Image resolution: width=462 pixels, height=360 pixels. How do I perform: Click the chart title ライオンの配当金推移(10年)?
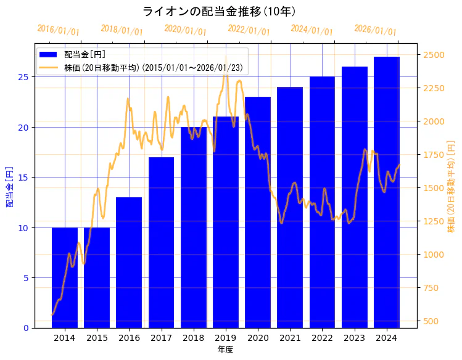point(219,12)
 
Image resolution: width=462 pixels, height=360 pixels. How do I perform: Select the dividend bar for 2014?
point(65,277)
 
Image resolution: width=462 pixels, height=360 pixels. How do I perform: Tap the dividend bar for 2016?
point(129,262)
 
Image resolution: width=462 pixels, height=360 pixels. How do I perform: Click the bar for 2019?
point(226,222)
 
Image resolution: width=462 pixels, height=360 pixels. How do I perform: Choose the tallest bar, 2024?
point(387,192)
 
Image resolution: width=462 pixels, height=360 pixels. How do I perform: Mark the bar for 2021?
point(290,207)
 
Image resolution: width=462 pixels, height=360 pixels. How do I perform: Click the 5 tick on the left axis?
point(26,278)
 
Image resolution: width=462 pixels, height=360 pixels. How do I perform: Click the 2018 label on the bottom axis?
point(194,338)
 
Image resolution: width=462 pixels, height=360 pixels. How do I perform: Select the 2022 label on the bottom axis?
point(323,338)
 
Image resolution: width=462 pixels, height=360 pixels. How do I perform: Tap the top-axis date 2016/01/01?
point(59,30)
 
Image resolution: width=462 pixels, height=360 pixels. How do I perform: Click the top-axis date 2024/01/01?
point(312,30)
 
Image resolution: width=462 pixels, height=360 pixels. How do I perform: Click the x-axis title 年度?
point(225,350)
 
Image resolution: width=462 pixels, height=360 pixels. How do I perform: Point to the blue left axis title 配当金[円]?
point(9,186)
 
